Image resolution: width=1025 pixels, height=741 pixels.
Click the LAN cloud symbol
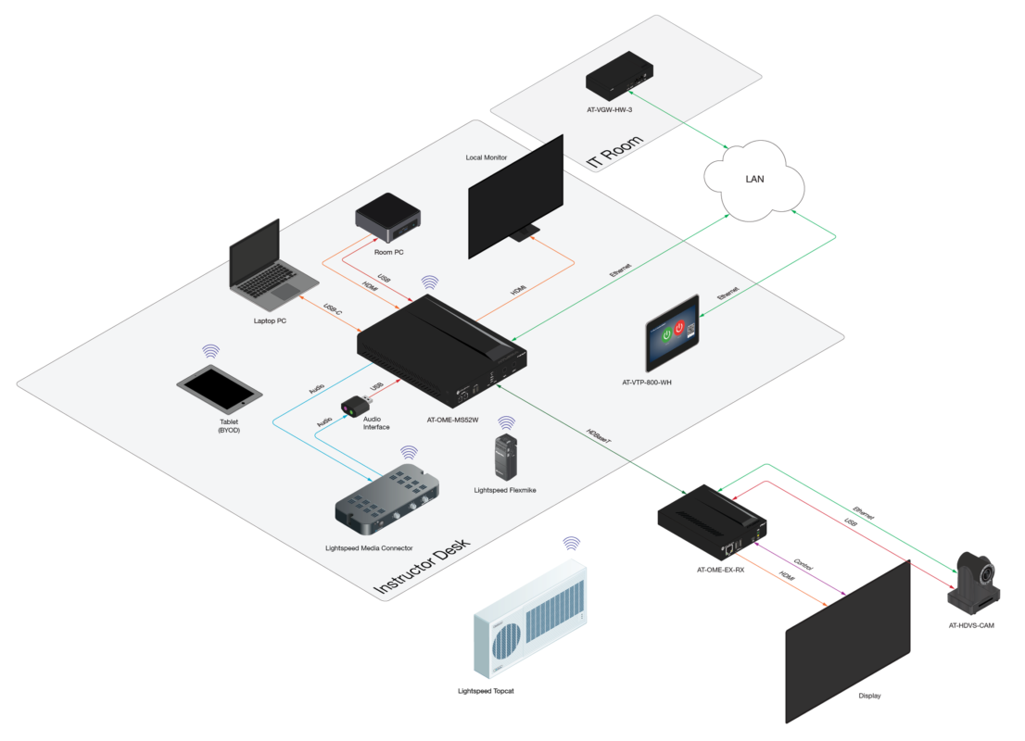(x=754, y=180)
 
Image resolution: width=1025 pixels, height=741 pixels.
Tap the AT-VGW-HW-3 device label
(x=609, y=110)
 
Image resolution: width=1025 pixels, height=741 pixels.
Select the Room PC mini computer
(x=389, y=216)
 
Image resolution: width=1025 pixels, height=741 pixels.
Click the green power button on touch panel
(x=667, y=331)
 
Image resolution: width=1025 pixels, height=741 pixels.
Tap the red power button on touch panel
(x=679, y=326)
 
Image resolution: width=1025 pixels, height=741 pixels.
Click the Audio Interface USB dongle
(x=355, y=407)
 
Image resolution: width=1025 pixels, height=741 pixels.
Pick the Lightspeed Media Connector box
(x=387, y=501)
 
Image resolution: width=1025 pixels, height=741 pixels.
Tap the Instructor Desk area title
(x=423, y=565)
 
